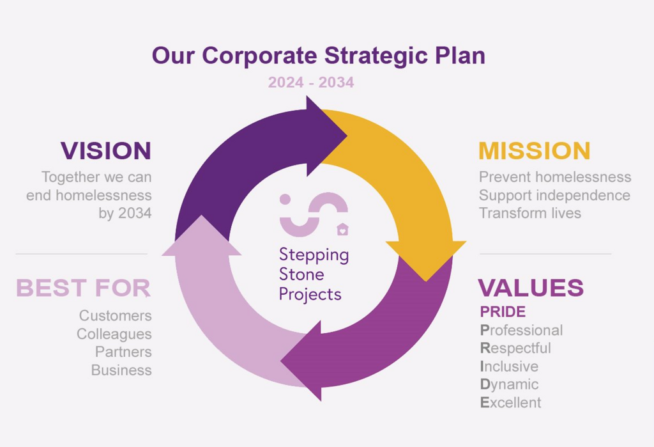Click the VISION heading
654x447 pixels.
[x=106, y=151]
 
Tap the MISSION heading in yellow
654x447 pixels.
[x=535, y=151]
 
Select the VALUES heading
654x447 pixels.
[x=531, y=288]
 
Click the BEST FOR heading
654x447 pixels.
[x=83, y=288]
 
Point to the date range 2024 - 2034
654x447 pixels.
[x=311, y=82]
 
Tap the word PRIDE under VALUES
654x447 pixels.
[x=503, y=311]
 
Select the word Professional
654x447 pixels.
[x=521, y=330]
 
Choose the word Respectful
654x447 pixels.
[x=515, y=348]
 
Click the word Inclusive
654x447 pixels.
[x=509, y=366]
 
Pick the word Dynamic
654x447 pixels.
[x=509, y=384]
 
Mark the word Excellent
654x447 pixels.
[x=510, y=403]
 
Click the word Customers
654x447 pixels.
[x=116, y=316]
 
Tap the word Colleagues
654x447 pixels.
[x=114, y=334]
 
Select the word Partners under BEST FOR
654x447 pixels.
[x=123, y=352]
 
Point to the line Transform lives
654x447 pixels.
[x=529, y=213]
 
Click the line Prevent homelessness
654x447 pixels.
[x=555, y=177]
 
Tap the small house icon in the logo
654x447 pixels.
[x=342, y=230]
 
